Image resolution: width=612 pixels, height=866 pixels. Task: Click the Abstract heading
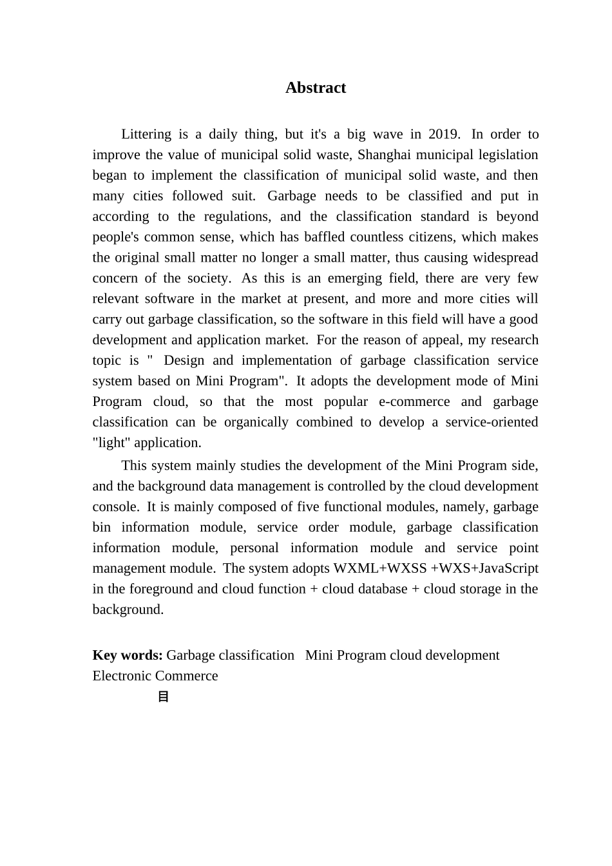pyautogui.click(x=316, y=88)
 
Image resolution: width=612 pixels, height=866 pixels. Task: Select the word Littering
pyautogui.click(x=146, y=134)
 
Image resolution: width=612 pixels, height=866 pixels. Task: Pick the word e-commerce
pyautogui.click(x=414, y=401)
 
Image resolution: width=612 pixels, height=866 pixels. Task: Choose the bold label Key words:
pyautogui.click(x=128, y=655)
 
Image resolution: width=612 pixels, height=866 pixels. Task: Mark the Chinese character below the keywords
pyautogui.click(x=163, y=697)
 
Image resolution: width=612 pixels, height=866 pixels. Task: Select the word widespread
pyautogui.click(x=505, y=258)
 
